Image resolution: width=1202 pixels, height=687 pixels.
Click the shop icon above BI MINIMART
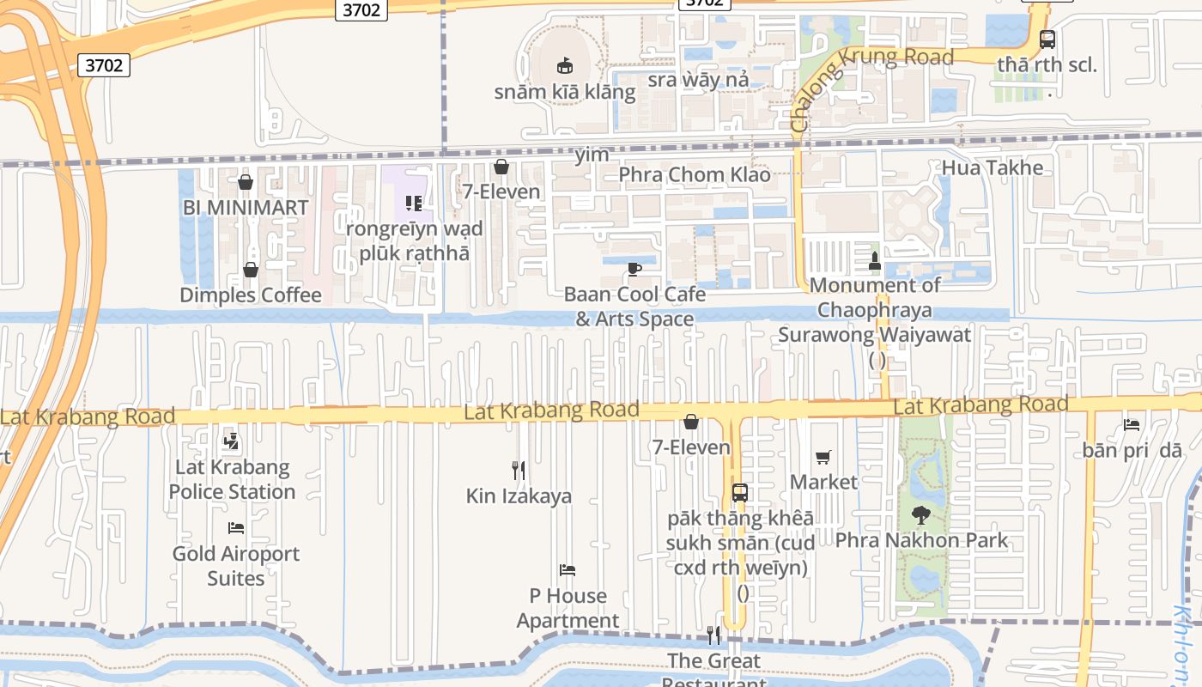246,182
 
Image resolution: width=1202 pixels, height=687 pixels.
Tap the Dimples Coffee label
251,295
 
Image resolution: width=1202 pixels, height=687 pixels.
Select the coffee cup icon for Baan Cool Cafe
634,269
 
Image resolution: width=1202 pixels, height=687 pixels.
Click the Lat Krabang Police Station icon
230,442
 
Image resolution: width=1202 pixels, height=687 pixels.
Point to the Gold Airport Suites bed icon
236,528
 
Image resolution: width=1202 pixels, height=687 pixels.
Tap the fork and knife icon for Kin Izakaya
519,470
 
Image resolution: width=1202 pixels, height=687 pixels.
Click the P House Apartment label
568,608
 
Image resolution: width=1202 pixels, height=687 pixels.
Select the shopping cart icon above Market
823,457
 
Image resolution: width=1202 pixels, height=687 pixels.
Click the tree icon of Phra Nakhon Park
921,515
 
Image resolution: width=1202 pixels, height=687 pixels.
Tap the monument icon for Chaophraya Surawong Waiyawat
875,260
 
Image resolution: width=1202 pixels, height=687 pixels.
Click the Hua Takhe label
993,167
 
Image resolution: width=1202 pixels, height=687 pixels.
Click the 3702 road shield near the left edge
105,65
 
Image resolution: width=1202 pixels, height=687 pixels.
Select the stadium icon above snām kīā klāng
565,65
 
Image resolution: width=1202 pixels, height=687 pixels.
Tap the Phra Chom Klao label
695,175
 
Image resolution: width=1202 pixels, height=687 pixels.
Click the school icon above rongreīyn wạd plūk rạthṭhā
414,204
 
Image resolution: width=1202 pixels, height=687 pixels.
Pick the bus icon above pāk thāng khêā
740,493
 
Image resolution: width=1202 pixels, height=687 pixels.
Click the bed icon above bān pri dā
1132,424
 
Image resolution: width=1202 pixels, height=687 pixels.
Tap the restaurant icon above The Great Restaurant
713,635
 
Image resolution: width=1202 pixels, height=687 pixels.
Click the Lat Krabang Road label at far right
980,404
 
